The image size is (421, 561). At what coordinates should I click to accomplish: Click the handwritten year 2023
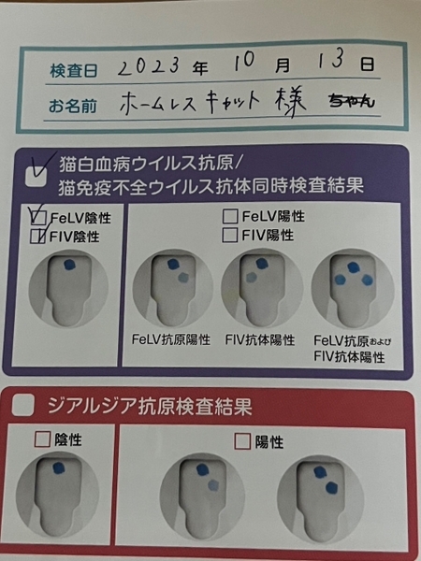148,66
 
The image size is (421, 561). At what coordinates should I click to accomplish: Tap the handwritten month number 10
245,62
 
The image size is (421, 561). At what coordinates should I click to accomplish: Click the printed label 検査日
73,70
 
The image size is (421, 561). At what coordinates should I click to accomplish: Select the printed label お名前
73,107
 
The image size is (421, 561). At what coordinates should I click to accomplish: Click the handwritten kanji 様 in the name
291,101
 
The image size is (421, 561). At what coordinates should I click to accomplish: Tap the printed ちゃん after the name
352,101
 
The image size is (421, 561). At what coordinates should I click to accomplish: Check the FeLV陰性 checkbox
39,217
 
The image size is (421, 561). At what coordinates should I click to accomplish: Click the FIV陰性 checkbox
38,237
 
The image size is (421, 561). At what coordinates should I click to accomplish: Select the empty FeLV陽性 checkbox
230,217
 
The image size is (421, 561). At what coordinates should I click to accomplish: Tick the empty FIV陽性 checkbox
230,235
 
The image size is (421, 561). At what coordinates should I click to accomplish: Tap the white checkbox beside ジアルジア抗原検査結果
22,405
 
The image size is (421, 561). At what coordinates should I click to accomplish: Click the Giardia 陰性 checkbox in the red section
42,439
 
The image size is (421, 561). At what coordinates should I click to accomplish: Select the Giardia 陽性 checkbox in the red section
242,441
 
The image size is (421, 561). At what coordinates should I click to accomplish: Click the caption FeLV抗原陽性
171,339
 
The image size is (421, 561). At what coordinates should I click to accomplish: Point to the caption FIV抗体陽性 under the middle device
260,340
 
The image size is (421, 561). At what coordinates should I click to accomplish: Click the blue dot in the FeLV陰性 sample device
70,265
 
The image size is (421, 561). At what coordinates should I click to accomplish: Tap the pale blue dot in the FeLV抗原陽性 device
183,278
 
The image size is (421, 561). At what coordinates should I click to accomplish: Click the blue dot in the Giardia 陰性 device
59,468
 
